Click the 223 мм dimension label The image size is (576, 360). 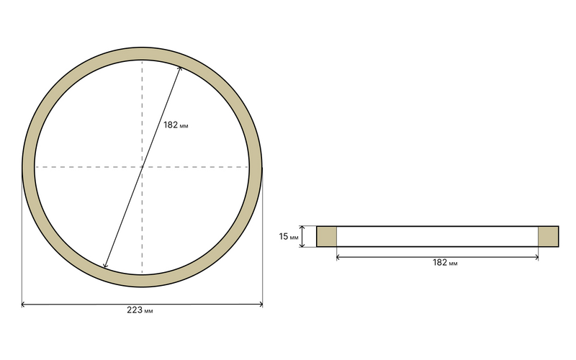pos(140,310)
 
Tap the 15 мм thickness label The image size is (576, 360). pos(289,237)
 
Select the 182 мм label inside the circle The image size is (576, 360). pos(176,125)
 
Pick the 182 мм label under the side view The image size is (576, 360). pos(445,263)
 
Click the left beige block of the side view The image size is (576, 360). pos(327,237)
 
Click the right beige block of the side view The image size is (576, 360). pos(549,237)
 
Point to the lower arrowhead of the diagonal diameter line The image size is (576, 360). pos(104,266)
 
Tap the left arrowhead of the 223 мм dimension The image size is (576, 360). pos(22,304)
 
